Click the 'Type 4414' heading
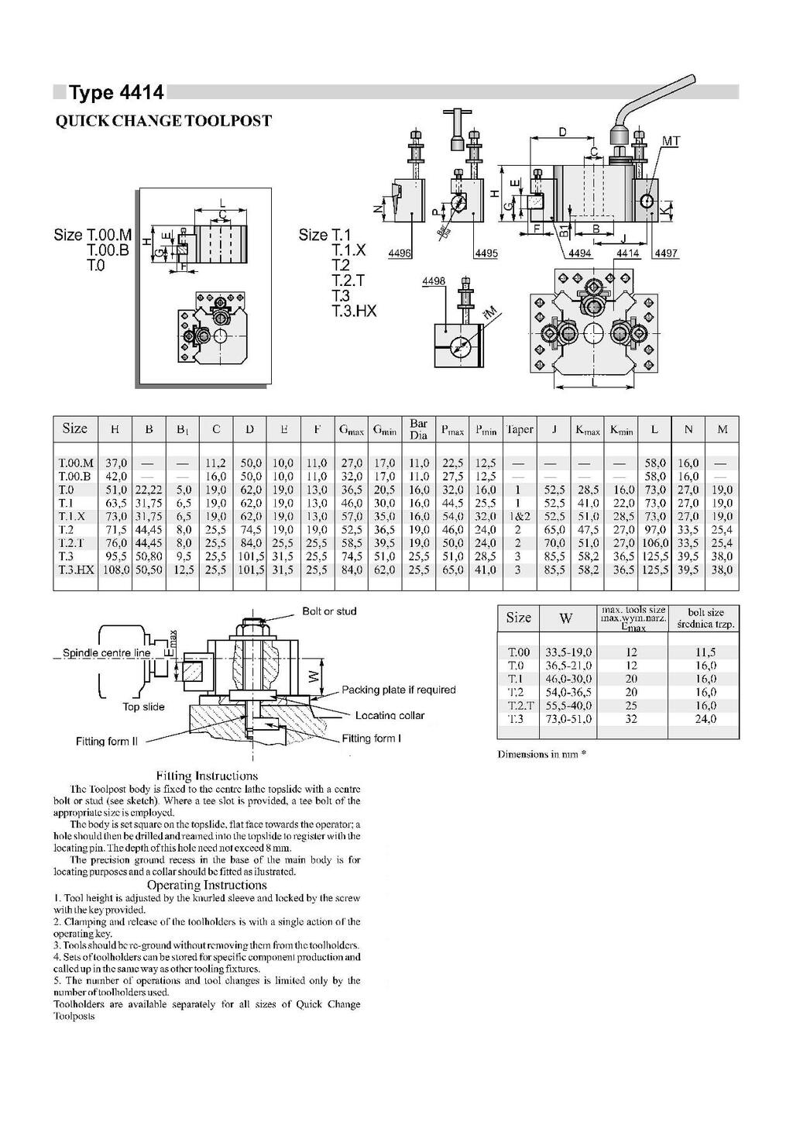coord(117,93)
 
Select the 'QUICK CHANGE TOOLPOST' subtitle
coord(163,121)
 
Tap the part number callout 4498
coord(434,281)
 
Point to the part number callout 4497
coord(666,253)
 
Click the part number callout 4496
coord(400,253)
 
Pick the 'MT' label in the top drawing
coord(671,142)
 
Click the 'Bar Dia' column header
coord(418,429)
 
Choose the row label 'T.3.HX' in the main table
coord(76,570)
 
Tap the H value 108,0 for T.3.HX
coord(115,570)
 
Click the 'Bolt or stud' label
coord(329,611)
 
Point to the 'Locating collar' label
coord(390,715)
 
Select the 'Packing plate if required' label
coord(399,690)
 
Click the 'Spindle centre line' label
coord(107,652)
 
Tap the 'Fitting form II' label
coord(107,742)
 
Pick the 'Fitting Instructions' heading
coord(207,775)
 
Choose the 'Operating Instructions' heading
coord(207,885)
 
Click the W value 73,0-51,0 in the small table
coord(568,719)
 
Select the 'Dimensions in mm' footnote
coord(541,754)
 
